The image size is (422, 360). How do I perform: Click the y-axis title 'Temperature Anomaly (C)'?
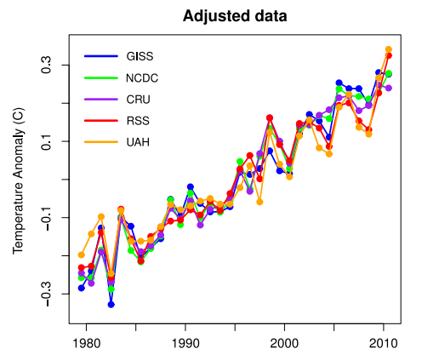pyautogui.click(x=18, y=180)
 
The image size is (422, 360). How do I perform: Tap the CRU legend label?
pyautogui.click(x=137, y=100)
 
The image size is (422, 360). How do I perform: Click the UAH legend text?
pyautogui.click(x=137, y=141)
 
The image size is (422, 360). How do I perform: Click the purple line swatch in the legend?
pyautogui.click(x=100, y=100)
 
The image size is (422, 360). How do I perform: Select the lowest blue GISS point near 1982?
pyautogui.click(x=111, y=304)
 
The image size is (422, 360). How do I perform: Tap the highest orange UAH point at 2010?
pyautogui.click(x=389, y=49)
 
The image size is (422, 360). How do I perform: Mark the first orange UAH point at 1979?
pyautogui.click(x=82, y=254)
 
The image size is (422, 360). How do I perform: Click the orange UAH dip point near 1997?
pyautogui.click(x=259, y=202)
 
